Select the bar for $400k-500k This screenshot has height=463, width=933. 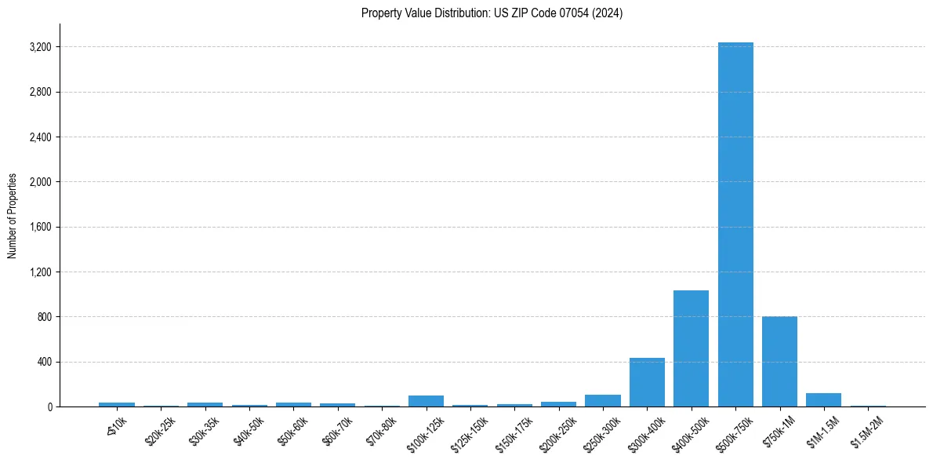(691, 348)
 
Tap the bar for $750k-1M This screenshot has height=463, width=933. (779, 362)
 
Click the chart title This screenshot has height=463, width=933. (492, 13)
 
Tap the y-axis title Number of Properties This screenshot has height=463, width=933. (13, 216)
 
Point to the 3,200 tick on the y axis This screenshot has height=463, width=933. (40, 47)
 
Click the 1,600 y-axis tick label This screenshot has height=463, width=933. (40, 228)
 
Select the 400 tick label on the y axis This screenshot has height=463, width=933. (45, 363)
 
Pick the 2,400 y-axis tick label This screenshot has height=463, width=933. (40, 137)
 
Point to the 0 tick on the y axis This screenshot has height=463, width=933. (49, 407)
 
